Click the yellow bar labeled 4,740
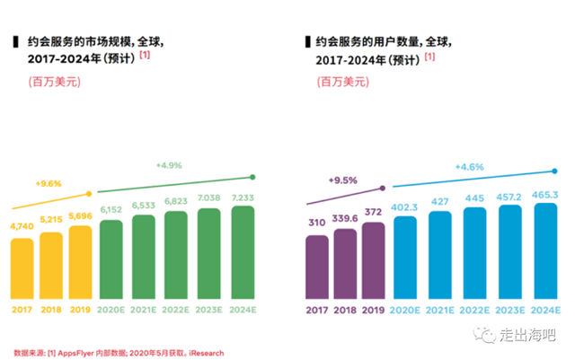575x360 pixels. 22,269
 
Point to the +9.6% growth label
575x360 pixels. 48,183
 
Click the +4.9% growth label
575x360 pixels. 169,165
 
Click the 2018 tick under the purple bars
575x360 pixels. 345,312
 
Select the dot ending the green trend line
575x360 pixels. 253,177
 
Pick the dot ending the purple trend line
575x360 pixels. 384,189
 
